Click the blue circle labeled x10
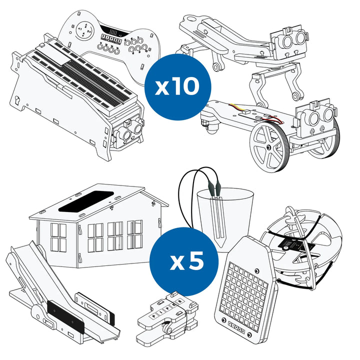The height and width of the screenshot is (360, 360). (178, 87)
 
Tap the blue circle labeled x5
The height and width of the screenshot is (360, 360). (184, 261)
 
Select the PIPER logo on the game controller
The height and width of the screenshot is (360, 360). (111, 38)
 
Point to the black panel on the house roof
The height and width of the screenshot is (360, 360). (86, 201)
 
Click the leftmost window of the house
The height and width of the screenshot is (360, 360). (58, 237)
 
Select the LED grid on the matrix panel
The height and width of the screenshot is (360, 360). (244, 290)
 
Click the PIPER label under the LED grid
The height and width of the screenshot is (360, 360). (236, 326)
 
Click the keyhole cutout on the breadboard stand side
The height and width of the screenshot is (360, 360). (17, 100)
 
